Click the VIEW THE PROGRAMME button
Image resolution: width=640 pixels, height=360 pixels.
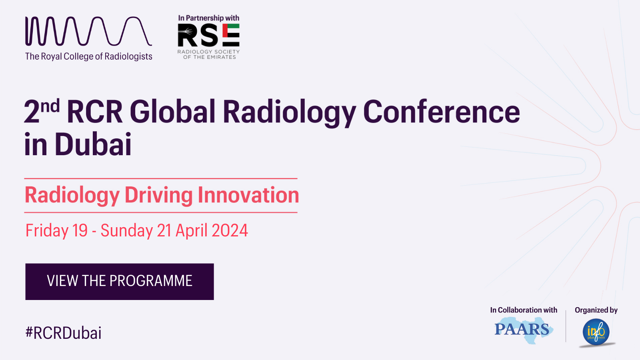[x=120, y=282]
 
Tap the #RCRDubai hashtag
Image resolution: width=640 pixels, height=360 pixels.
[x=64, y=333]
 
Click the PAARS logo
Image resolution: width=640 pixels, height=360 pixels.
[x=524, y=330]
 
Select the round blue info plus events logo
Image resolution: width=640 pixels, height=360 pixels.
[x=596, y=332]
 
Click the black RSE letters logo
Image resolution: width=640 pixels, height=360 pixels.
[x=208, y=35]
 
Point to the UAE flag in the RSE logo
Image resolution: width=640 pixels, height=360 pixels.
[x=231, y=35]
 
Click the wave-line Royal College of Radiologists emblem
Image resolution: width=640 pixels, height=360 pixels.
[x=88, y=31]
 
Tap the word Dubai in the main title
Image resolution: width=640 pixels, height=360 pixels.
[x=93, y=144]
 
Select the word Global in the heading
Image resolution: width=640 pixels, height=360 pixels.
[x=172, y=112]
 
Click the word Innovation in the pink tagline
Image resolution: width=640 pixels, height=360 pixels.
[x=248, y=195]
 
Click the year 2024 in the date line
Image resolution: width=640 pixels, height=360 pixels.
[x=230, y=230]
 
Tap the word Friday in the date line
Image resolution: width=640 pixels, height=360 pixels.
[x=47, y=231]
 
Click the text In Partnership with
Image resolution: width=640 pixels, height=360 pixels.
[x=208, y=18]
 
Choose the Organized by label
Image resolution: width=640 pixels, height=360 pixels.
[x=596, y=310]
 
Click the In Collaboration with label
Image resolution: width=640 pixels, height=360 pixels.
[x=524, y=310]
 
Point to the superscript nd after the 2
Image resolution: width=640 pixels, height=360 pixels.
[x=50, y=106]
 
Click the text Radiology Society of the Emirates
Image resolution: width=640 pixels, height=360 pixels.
[x=208, y=54]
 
